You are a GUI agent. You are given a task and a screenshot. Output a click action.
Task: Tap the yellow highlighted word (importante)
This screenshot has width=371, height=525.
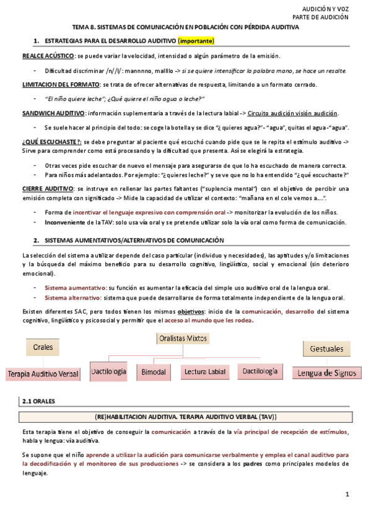196,41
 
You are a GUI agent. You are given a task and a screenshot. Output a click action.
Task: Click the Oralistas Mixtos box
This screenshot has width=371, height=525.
182,339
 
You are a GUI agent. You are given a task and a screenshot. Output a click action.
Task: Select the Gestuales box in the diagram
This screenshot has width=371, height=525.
325,349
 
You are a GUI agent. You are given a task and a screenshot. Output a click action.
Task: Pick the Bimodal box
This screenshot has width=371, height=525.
154,372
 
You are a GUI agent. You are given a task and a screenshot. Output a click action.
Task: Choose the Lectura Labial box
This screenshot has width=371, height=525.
204,372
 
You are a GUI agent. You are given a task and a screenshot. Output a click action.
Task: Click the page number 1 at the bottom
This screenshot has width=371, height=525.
347,494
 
